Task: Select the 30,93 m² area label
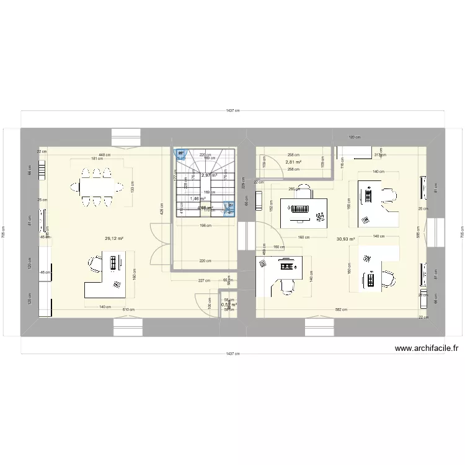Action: point(346,239)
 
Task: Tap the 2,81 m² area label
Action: point(293,162)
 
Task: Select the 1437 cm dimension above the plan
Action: point(232,111)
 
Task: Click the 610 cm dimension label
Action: point(128,309)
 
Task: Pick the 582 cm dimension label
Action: point(340,309)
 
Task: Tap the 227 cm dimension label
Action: point(204,280)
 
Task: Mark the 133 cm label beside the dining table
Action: point(133,185)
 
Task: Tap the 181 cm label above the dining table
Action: point(97,159)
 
